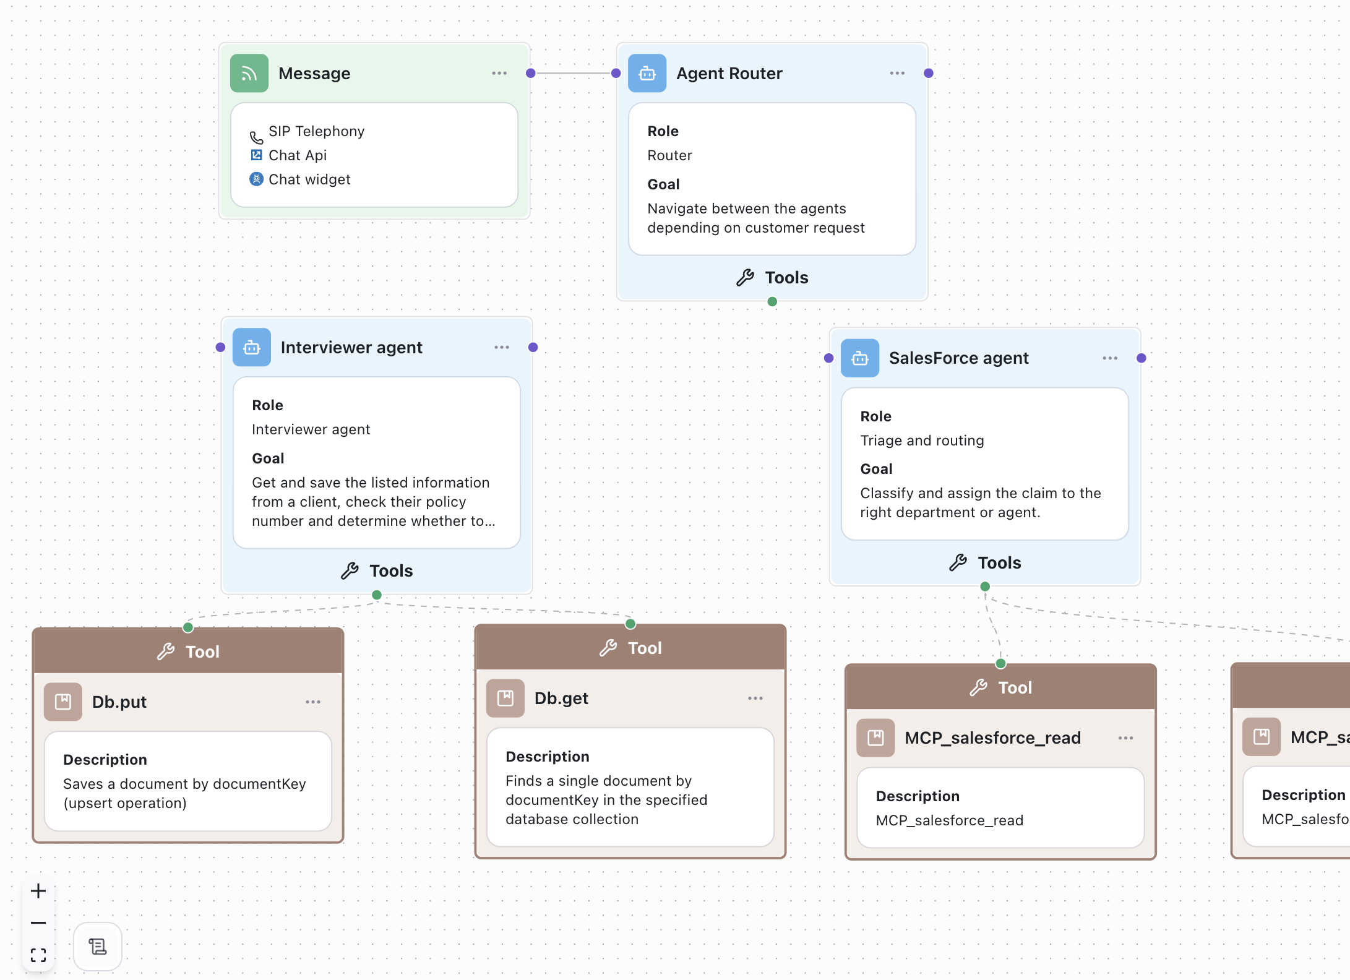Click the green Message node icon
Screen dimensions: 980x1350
point(249,74)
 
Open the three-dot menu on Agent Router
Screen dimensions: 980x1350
point(897,74)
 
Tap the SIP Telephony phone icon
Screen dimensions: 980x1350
point(256,137)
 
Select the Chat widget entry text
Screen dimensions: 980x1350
point(309,179)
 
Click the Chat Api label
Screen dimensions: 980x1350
point(298,155)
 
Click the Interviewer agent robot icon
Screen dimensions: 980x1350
point(252,348)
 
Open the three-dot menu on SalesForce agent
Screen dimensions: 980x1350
point(1110,358)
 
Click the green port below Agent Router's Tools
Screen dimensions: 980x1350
point(772,302)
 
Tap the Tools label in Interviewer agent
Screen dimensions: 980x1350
point(390,570)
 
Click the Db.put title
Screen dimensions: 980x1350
point(119,702)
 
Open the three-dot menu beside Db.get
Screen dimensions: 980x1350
point(755,698)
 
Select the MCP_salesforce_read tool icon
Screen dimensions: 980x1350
point(875,737)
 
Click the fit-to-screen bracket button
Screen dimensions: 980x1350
point(38,955)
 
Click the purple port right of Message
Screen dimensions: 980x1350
point(530,73)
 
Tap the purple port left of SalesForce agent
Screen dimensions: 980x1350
point(829,358)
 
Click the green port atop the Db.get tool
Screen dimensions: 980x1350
point(630,624)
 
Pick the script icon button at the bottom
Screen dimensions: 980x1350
point(98,947)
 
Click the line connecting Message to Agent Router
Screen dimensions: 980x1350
point(573,73)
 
